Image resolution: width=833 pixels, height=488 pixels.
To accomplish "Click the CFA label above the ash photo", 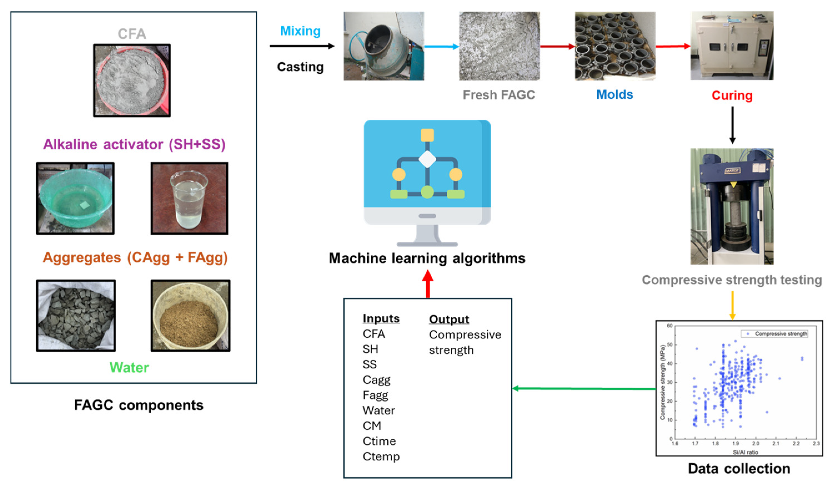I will coord(132,34).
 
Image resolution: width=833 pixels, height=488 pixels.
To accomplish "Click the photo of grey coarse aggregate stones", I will coord(76,316).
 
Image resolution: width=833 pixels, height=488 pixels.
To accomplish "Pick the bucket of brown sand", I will coord(190,316).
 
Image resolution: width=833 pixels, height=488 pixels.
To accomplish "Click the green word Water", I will coord(129,367).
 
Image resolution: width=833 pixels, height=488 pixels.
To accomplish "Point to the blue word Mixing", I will coord(300,31).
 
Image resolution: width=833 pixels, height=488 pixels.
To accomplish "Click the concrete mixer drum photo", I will coord(383,46).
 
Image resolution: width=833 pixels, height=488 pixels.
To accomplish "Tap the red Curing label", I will coord(732,95).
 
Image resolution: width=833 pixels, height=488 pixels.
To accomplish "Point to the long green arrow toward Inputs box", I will coord(583,389).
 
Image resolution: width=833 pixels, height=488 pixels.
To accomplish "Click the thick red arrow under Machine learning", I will coord(428,284).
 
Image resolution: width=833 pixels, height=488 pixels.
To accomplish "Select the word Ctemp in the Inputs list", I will coord(381,456).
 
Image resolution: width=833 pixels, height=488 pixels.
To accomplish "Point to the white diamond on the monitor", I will coord(427,159).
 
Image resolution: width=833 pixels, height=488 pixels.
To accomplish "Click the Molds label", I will coord(614,95).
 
